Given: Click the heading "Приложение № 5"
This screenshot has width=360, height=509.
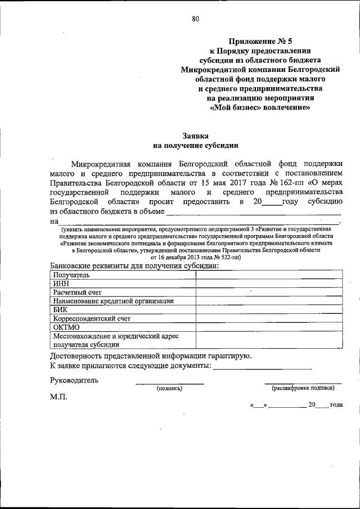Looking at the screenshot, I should [261, 40].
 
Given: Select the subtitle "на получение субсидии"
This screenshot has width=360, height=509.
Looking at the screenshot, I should [195, 145].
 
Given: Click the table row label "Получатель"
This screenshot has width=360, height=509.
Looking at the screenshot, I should [71, 276].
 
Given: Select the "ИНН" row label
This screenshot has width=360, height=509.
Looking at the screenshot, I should [61, 284].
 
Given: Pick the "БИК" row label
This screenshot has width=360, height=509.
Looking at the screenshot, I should [60, 309].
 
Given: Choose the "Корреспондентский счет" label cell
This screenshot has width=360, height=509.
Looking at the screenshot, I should [92, 318].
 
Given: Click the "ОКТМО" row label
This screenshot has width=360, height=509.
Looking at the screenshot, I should [66, 327].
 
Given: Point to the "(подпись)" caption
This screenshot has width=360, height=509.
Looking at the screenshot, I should [169, 388].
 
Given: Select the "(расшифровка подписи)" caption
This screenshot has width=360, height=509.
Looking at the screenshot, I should [303, 388].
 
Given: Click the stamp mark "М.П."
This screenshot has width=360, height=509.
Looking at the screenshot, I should [58, 397].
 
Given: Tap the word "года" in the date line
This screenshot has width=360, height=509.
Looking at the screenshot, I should [336, 405].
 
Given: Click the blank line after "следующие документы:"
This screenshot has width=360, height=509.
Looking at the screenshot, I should [263, 366].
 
